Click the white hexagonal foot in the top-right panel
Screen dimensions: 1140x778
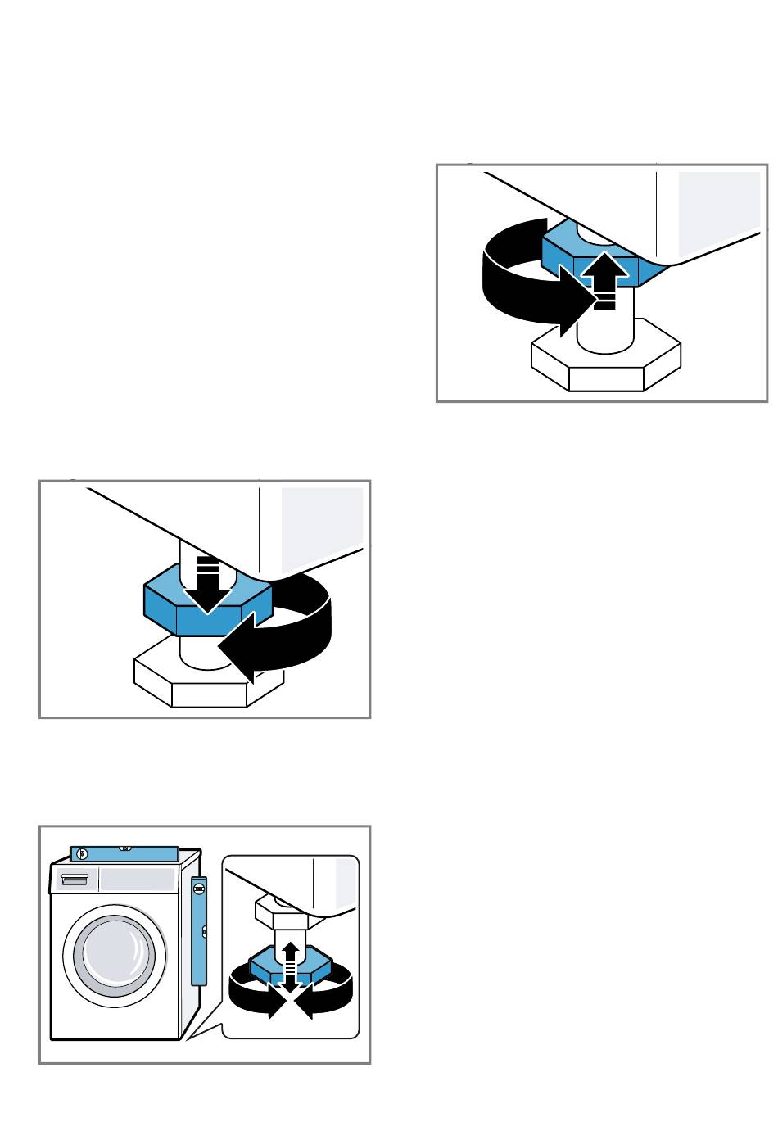[606, 364]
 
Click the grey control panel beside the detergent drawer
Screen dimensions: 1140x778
[137, 880]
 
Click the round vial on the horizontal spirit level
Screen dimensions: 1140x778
[81, 854]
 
